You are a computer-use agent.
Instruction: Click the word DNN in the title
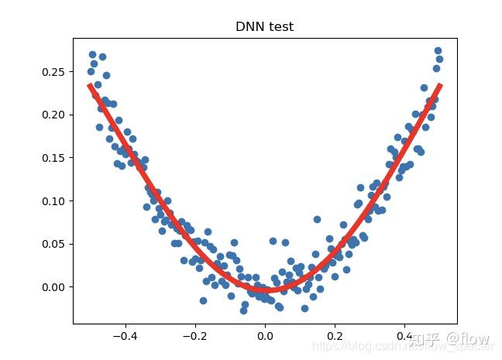[x=249, y=27]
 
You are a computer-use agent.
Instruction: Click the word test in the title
[x=280, y=27]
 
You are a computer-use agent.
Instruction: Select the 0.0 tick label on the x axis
[x=265, y=336]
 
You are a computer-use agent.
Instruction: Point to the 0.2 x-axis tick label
[x=335, y=336]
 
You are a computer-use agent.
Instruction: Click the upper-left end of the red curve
[x=90, y=85]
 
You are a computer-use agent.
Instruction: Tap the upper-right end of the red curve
[x=440, y=85]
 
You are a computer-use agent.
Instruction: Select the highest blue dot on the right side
[x=438, y=50]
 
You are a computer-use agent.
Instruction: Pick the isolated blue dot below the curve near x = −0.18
[x=203, y=300]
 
